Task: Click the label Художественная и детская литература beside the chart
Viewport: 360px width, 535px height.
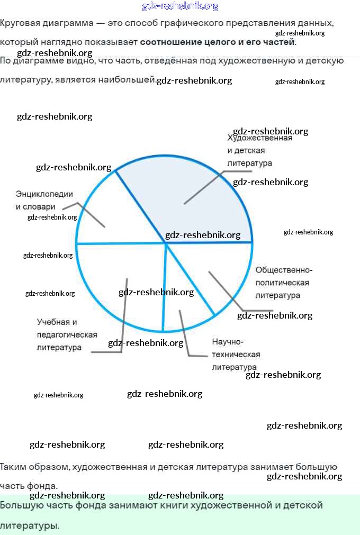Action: (259, 151)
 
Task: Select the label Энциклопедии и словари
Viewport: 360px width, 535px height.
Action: (44, 201)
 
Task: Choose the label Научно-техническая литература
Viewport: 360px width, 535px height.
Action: (236, 354)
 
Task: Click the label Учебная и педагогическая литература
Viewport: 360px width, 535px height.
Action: (67, 334)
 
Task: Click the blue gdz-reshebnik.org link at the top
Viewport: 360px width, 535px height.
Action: (180, 6)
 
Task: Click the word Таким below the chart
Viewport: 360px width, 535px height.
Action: (15, 467)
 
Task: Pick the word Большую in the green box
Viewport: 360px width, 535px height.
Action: (21, 505)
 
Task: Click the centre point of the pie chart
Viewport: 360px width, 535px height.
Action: (165, 242)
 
